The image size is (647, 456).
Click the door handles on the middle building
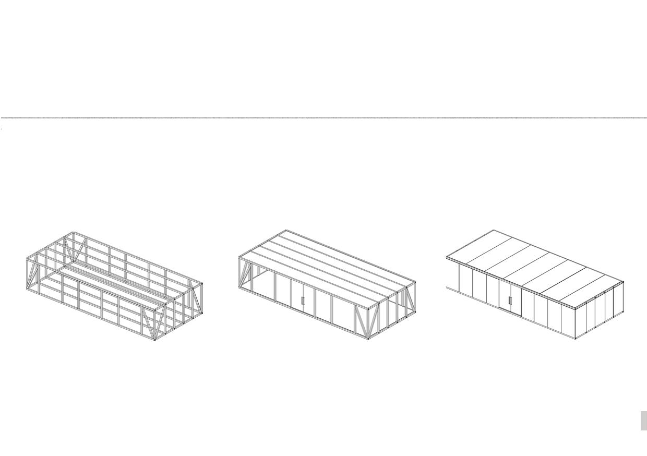pyautogui.click(x=303, y=301)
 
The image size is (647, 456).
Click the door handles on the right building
pyautogui.click(x=510, y=300)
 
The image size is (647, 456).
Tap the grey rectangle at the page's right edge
pyautogui.click(x=643, y=421)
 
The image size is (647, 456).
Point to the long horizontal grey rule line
pyautogui.click(x=323, y=118)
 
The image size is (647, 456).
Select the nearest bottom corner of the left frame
pyautogui.click(x=155, y=340)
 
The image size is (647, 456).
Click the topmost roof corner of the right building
pyautogui.click(x=494, y=230)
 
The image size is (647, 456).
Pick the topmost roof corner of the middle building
pyautogui.click(x=286, y=230)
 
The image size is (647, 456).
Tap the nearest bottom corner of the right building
pyautogui.click(x=576, y=339)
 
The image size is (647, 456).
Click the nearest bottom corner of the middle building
pyautogui.click(x=368, y=339)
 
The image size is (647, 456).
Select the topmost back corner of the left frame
pyautogui.click(x=73, y=232)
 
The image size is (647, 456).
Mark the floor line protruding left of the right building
pyautogui.click(x=451, y=287)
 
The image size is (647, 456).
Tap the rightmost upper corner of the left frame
pyautogui.click(x=201, y=284)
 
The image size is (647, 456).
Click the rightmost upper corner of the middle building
pyautogui.click(x=415, y=282)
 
